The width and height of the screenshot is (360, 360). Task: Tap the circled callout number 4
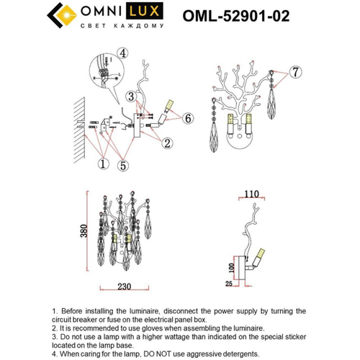click(x=123, y=53)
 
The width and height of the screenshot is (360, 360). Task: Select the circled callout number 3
click(x=130, y=96)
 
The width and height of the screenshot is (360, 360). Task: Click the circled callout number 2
click(x=166, y=144)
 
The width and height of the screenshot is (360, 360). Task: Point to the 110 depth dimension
click(x=250, y=194)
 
